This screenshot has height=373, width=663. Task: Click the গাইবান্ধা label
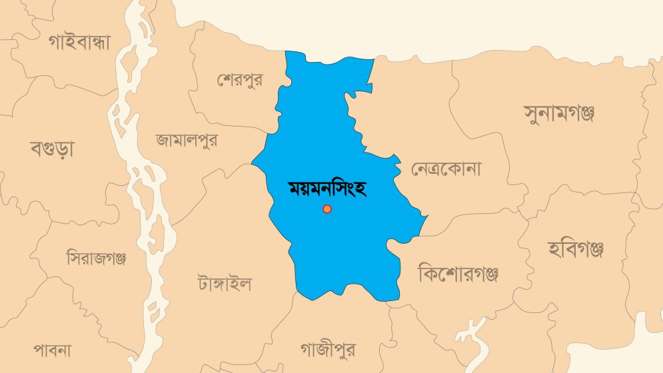pyautogui.click(x=79, y=41)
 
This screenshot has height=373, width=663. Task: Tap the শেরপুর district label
pyautogui.click(x=239, y=80)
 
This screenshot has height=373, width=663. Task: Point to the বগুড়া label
pyautogui.click(x=52, y=148)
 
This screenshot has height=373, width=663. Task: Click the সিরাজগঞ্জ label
pyautogui.click(x=97, y=258)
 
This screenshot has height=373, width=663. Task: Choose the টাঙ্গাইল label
pyautogui.click(x=225, y=284)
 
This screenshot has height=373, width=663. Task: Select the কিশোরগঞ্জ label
pyautogui.click(x=458, y=273)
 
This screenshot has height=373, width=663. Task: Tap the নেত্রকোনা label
pyautogui.click(x=446, y=169)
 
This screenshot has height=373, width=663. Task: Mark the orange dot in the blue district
pyautogui.click(x=327, y=209)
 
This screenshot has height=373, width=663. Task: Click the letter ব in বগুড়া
pyautogui.click(x=37, y=149)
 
